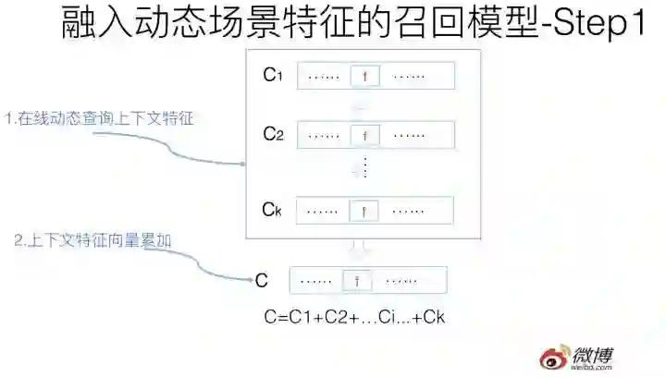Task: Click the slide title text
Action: [352, 25]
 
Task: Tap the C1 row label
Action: [272, 76]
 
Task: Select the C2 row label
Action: [272, 135]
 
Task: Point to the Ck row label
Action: [271, 210]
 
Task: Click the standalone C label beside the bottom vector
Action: [261, 280]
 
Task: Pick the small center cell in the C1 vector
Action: [365, 77]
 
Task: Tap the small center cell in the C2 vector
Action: [365, 136]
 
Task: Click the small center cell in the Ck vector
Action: [365, 212]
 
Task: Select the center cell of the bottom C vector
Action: [357, 280]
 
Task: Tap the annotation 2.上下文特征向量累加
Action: [93, 240]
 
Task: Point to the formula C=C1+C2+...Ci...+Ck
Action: [355, 318]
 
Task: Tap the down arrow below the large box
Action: [362, 248]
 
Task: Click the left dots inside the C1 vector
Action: [324, 77]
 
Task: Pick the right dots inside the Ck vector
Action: [408, 212]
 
